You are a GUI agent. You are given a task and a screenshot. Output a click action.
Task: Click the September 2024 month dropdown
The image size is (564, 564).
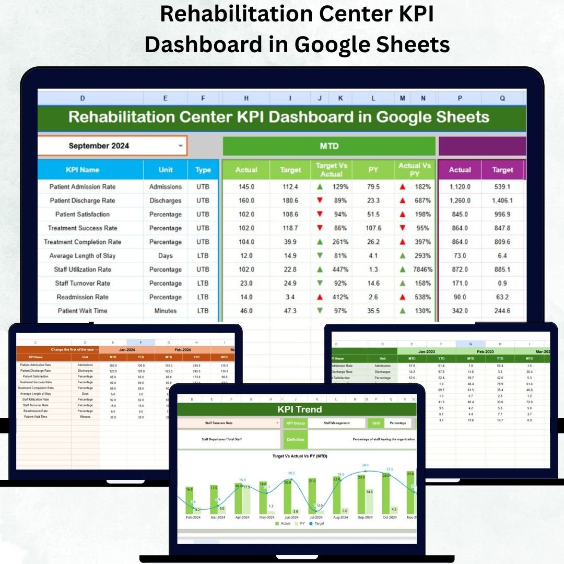112,146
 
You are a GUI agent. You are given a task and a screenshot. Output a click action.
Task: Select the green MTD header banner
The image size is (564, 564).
329,146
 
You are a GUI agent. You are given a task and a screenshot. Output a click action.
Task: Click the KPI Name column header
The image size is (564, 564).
83,170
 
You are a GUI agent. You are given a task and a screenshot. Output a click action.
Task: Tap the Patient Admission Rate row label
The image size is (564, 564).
83,187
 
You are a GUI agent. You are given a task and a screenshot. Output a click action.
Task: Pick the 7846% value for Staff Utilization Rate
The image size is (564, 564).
421,269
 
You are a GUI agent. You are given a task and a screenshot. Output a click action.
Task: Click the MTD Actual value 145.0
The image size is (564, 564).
246,187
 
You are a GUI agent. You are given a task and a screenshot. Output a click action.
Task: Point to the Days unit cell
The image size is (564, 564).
166,256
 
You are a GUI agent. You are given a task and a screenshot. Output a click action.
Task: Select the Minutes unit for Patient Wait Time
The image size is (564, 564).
166,311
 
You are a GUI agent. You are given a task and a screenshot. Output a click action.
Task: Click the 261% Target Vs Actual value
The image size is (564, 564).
339,242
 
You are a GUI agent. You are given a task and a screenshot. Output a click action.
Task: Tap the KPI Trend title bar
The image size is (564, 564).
299,409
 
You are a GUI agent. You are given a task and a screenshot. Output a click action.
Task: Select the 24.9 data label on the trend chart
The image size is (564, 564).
365,465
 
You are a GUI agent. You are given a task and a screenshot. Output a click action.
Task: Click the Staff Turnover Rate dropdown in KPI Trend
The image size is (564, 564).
229,423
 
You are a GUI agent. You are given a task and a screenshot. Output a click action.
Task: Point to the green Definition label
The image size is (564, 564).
296,439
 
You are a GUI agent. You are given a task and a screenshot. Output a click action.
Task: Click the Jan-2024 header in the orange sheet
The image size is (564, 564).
127,349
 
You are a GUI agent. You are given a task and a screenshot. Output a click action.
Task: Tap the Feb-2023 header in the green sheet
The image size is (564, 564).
485,351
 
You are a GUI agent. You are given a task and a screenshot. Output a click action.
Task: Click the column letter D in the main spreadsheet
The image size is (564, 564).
83,98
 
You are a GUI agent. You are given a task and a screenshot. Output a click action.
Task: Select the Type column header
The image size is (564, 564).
203,170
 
